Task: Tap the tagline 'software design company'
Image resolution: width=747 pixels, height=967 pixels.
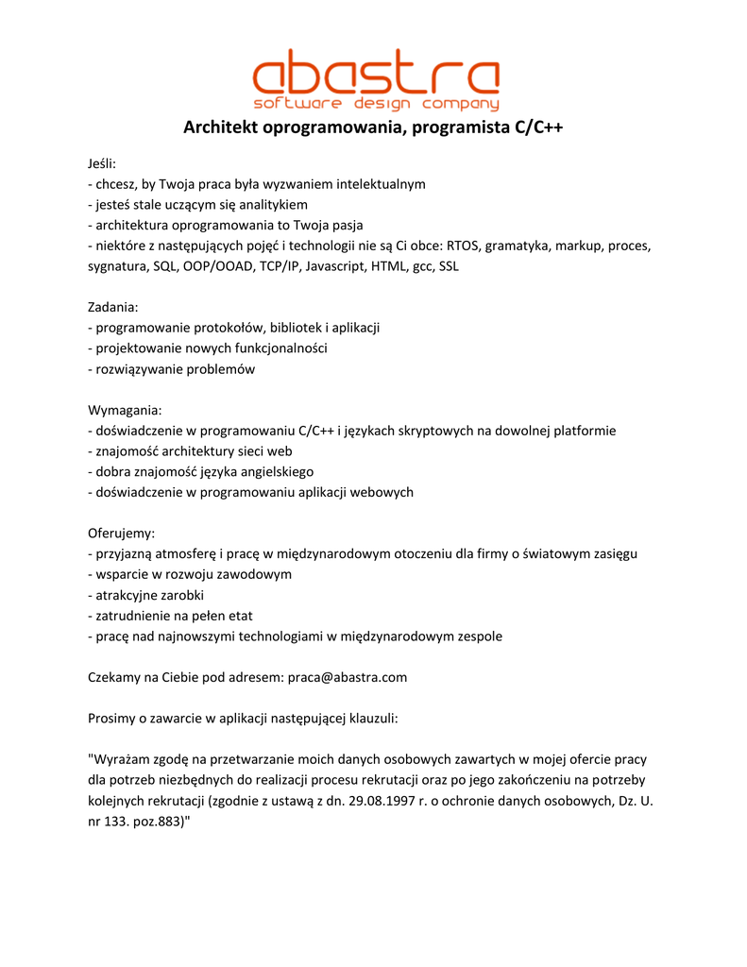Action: [375, 103]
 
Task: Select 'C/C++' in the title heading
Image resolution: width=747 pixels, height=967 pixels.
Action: [539, 127]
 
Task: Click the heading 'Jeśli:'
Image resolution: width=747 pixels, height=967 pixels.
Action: [102, 164]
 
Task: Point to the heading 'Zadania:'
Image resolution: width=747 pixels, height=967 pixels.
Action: [113, 307]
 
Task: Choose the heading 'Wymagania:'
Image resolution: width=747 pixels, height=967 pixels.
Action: [125, 410]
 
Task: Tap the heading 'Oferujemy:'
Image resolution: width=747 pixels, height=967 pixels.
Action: [121, 534]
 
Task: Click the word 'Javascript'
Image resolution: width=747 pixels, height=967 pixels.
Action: [335, 267]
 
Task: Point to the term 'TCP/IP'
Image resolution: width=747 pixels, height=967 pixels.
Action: [280, 267]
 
